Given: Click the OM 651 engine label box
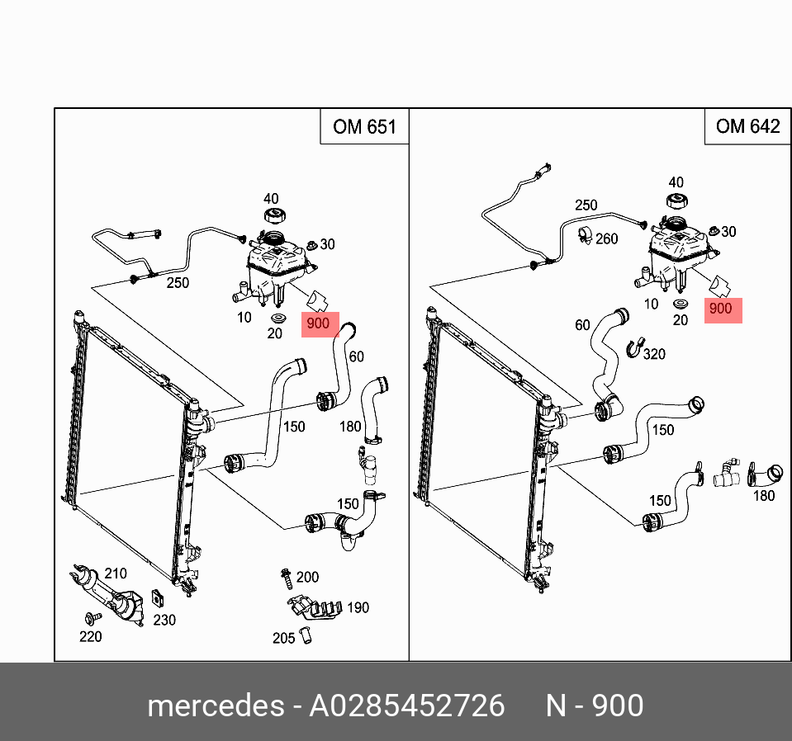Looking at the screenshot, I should click(364, 127).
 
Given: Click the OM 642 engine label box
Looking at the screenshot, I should click(747, 126).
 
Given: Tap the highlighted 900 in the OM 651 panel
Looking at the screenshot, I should click(318, 324).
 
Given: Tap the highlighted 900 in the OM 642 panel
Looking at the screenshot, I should click(720, 309).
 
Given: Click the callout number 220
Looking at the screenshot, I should click(90, 636).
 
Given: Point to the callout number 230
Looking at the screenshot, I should click(164, 619).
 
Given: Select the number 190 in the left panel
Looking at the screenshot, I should click(357, 608).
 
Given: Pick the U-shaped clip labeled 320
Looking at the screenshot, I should click(634, 348).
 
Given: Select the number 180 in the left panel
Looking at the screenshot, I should click(351, 427).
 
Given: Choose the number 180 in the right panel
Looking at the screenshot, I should click(764, 495).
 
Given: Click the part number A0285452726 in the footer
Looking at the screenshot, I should click(406, 706).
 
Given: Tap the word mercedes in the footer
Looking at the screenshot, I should click(213, 706).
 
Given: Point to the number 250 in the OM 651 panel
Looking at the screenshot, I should click(178, 283).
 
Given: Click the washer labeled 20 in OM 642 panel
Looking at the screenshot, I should click(681, 306).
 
